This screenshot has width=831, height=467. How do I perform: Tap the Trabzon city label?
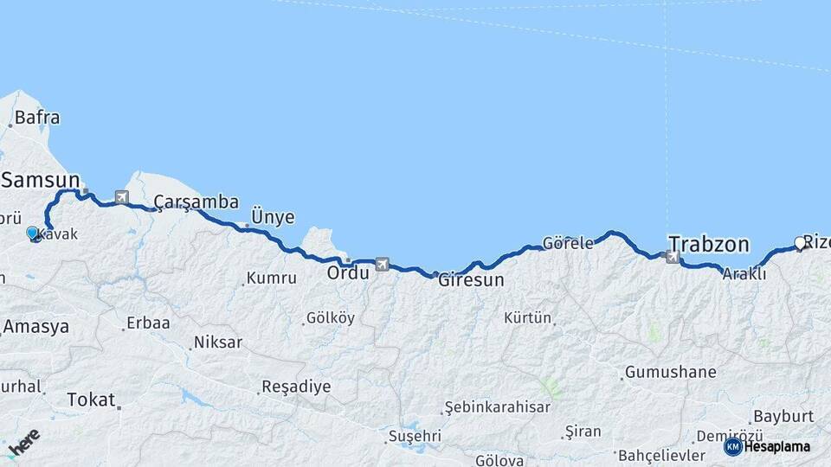click(x=708, y=245)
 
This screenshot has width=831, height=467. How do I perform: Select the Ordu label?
click(x=347, y=272)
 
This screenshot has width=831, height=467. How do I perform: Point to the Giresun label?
click(x=471, y=280)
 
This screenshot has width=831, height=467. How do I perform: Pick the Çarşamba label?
click(x=196, y=202)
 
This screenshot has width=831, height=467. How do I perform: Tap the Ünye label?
click(x=272, y=218)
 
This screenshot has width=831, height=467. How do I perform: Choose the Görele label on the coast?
click(x=568, y=243)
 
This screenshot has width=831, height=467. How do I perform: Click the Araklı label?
click(x=744, y=273)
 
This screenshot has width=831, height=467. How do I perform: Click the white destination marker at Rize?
click(x=800, y=243)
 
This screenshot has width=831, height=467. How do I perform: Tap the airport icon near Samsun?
click(x=120, y=197)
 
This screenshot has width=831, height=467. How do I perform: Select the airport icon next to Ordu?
click(x=382, y=264)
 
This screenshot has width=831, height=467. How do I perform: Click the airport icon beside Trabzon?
click(x=672, y=257)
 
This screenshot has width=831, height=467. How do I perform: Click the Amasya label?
click(x=35, y=327)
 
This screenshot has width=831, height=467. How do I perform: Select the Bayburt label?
click(x=783, y=416)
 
